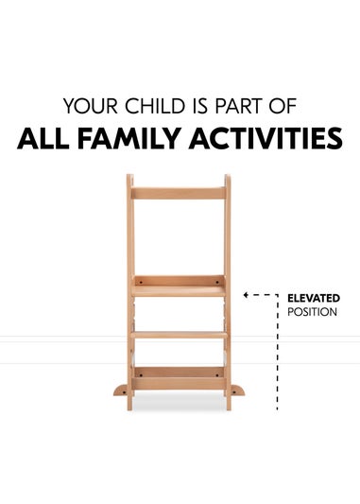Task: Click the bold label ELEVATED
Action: pos(313,298)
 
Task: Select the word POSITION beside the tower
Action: pos(311,311)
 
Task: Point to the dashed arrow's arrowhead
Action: pos(246,296)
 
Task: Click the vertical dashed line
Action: pos(276,359)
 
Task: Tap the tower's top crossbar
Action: pos(179,192)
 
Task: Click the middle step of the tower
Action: pos(179,333)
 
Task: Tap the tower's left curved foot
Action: pos(117,389)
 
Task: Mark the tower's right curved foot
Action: pos(240,389)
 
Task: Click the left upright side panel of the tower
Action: pos(129,246)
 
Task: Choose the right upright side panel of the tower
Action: pos(228,246)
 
